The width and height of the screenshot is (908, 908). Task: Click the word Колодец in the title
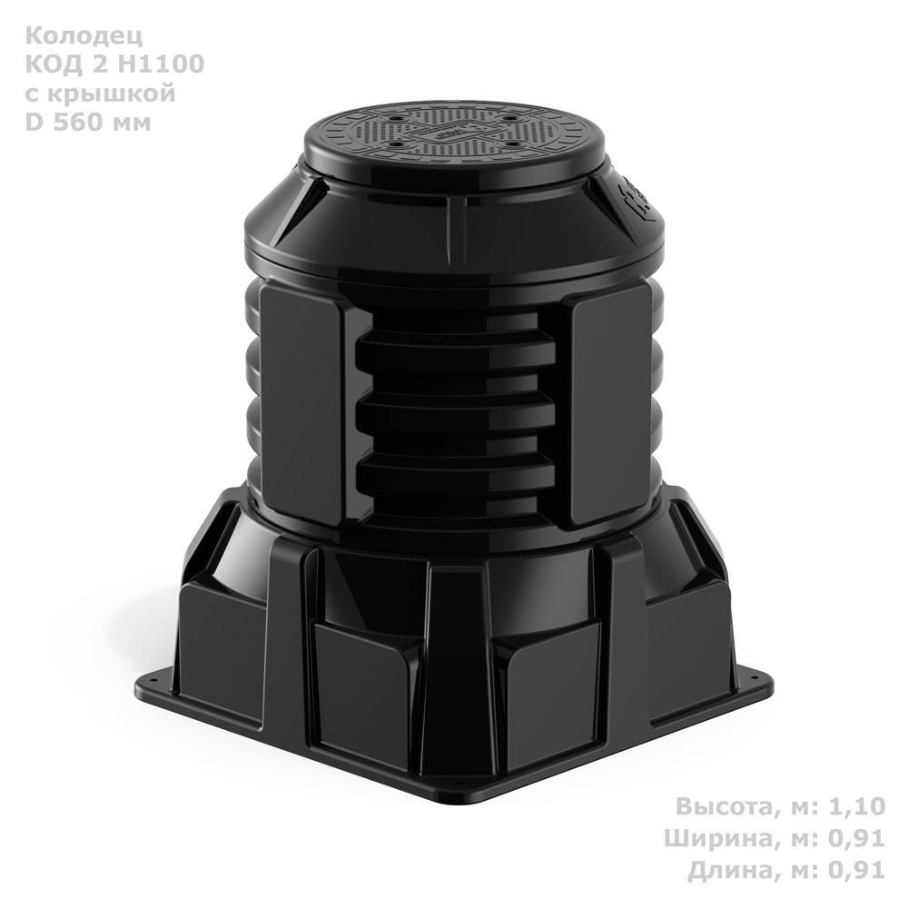84,36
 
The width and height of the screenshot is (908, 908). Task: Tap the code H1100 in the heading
161,64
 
